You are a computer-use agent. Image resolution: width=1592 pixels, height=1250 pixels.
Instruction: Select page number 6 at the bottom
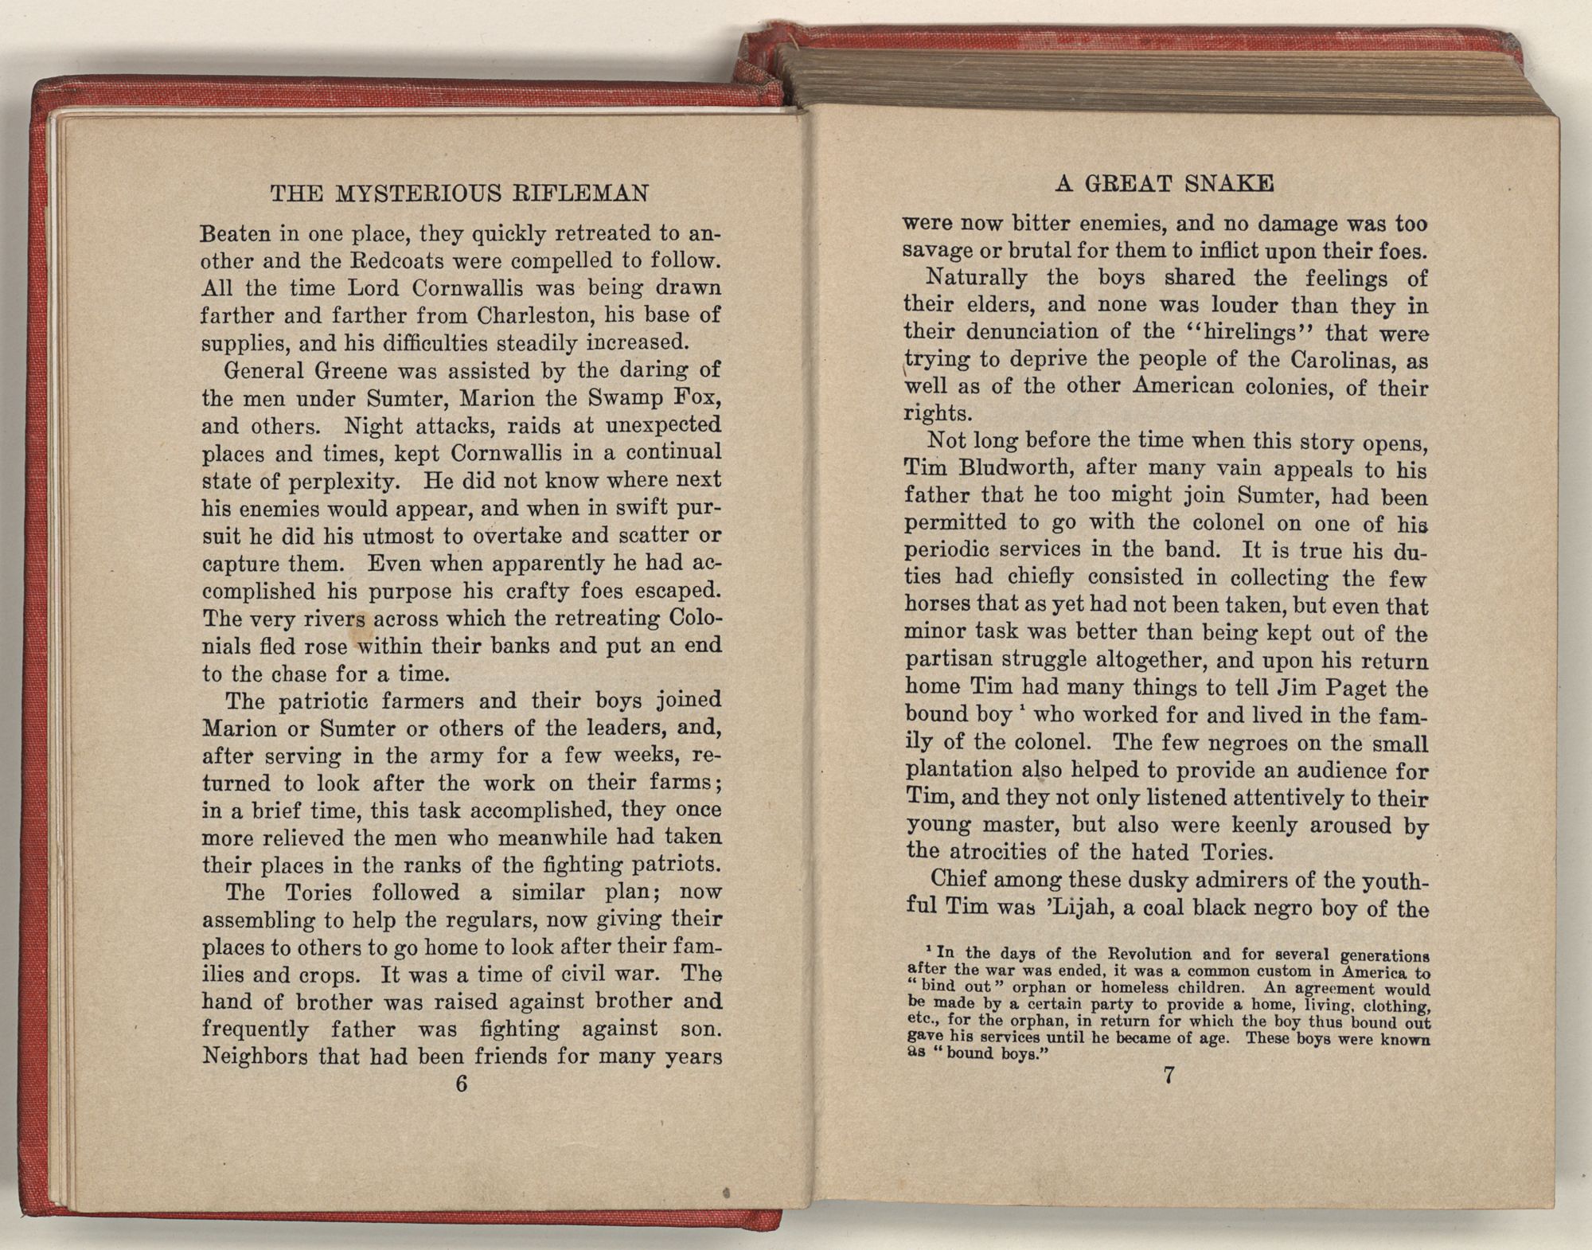point(461,1084)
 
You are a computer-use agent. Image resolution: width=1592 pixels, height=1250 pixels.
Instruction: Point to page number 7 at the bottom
point(1169,1075)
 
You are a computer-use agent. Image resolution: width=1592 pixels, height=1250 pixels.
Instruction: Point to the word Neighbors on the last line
point(256,1057)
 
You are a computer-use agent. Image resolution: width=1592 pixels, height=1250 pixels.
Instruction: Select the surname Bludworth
point(1006,468)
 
